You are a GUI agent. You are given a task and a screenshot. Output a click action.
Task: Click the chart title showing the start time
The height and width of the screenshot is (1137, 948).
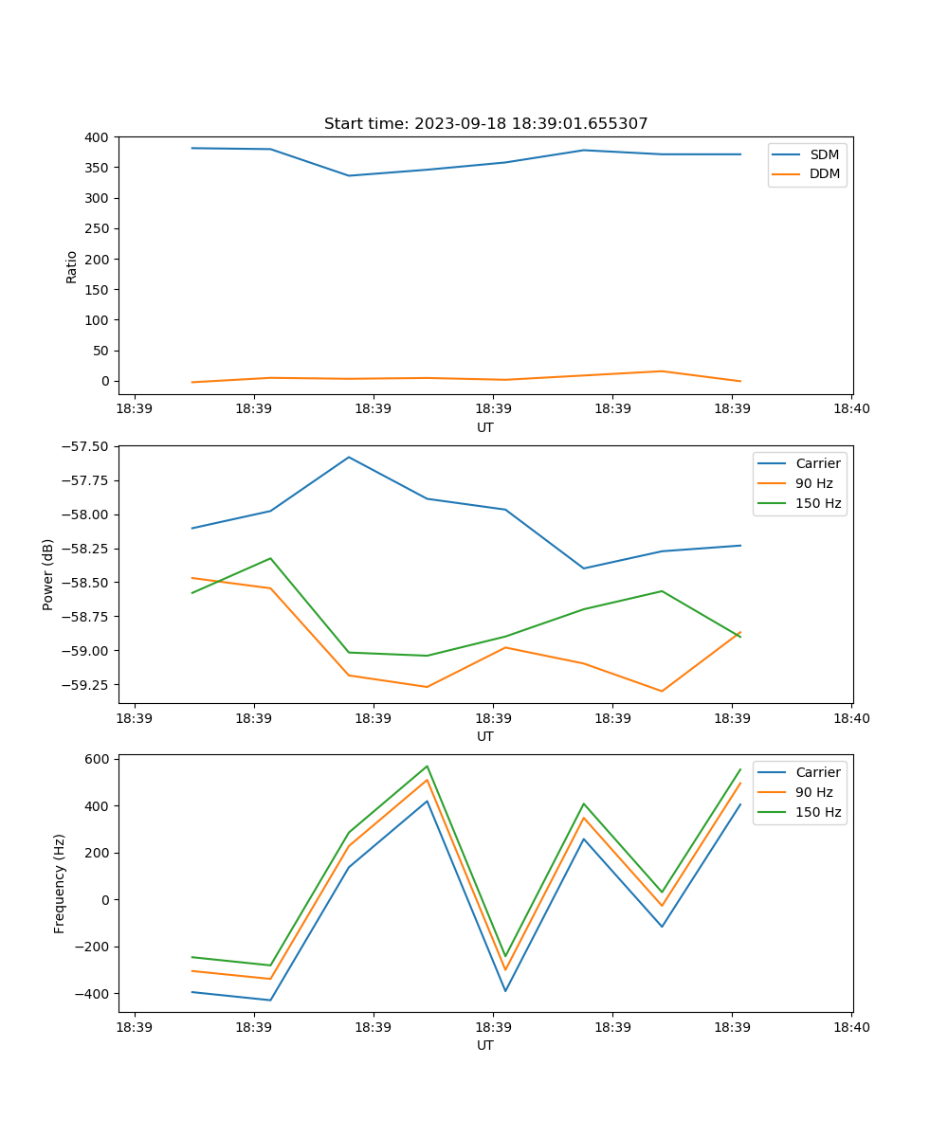pyautogui.click(x=485, y=124)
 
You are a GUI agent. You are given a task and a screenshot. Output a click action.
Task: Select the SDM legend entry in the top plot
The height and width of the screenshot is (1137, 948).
pyautogui.click(x=824, y=154)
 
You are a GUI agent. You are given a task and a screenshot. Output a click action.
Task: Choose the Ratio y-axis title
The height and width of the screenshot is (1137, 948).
pyautogui.click(x=72, y=266)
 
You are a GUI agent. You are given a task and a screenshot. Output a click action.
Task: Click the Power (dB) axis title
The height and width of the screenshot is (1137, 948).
pyautogui.click(x=48, y=574)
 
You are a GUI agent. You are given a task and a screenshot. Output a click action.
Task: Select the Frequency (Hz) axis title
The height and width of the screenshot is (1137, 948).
pyautogui.click(x=60, y=883)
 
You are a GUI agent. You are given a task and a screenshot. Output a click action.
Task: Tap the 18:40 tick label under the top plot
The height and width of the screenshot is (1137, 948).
pyautogui.click(x=851, y=408)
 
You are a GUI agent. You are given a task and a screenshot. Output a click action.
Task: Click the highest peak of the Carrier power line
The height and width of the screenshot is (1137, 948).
pyautogui.click(x=349, y=457)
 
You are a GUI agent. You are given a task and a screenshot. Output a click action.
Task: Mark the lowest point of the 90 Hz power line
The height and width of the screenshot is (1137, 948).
pyautogui.click(x=662, y=691)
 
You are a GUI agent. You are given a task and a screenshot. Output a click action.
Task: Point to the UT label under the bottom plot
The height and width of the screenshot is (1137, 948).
pyautogui.click(x=485, y=1045)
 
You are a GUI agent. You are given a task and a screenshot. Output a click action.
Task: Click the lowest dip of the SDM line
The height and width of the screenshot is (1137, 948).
pyautogui.click(x=349, y=175)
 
